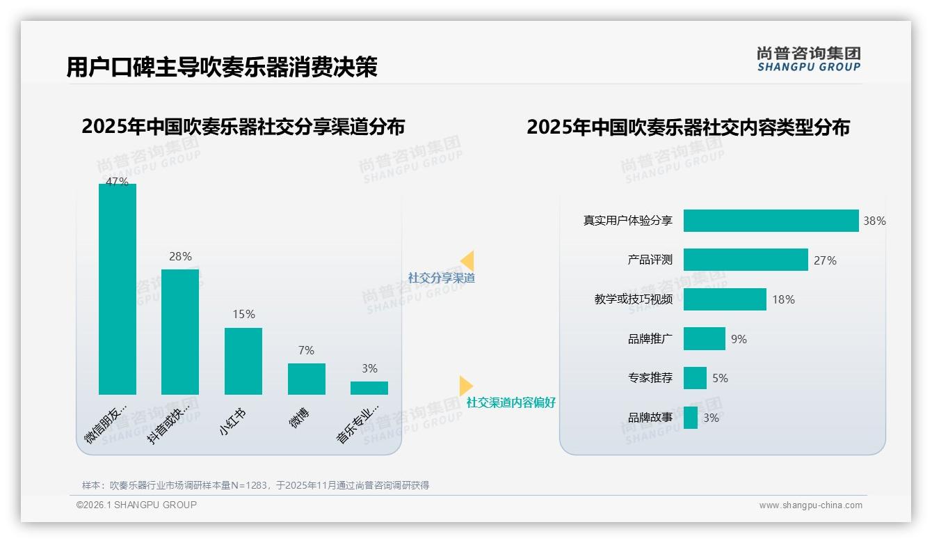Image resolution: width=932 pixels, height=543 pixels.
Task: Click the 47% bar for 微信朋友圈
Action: [x=118, y=289]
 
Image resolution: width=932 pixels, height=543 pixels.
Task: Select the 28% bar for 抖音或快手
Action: [x=180, y=332]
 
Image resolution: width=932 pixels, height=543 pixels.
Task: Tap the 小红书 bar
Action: [x=243, y=361]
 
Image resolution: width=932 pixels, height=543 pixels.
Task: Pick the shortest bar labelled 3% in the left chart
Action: [x=369, y=388]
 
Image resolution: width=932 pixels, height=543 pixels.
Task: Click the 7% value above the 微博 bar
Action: [x=306, y=350]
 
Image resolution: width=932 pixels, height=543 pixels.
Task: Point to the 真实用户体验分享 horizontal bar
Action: [x=771, y=221]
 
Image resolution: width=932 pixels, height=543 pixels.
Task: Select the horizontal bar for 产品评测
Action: [x=746, y=260]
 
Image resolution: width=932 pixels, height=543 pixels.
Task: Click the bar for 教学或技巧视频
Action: [x=725, y=299]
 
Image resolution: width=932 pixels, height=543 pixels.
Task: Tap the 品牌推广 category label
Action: [x=650, y=339]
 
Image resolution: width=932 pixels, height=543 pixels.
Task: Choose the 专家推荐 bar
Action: [x=695, y=378]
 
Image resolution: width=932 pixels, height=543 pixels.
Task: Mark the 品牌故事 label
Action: [x=650, y=418]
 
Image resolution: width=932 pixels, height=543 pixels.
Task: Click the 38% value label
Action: [x=874, y=221]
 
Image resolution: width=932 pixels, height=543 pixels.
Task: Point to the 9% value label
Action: [x=739, y=339]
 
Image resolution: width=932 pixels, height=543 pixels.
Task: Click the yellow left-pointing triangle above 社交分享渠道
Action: [x=467, y=260]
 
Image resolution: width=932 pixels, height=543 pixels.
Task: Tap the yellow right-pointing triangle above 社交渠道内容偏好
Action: [x=465, y=386]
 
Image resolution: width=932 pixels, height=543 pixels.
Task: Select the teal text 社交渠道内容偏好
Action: [x=511, y=403]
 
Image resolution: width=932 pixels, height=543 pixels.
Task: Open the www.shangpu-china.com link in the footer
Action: [x=810, y=505]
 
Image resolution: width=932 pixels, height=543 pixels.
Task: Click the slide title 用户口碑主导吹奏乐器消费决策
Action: [x=222, y=68]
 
